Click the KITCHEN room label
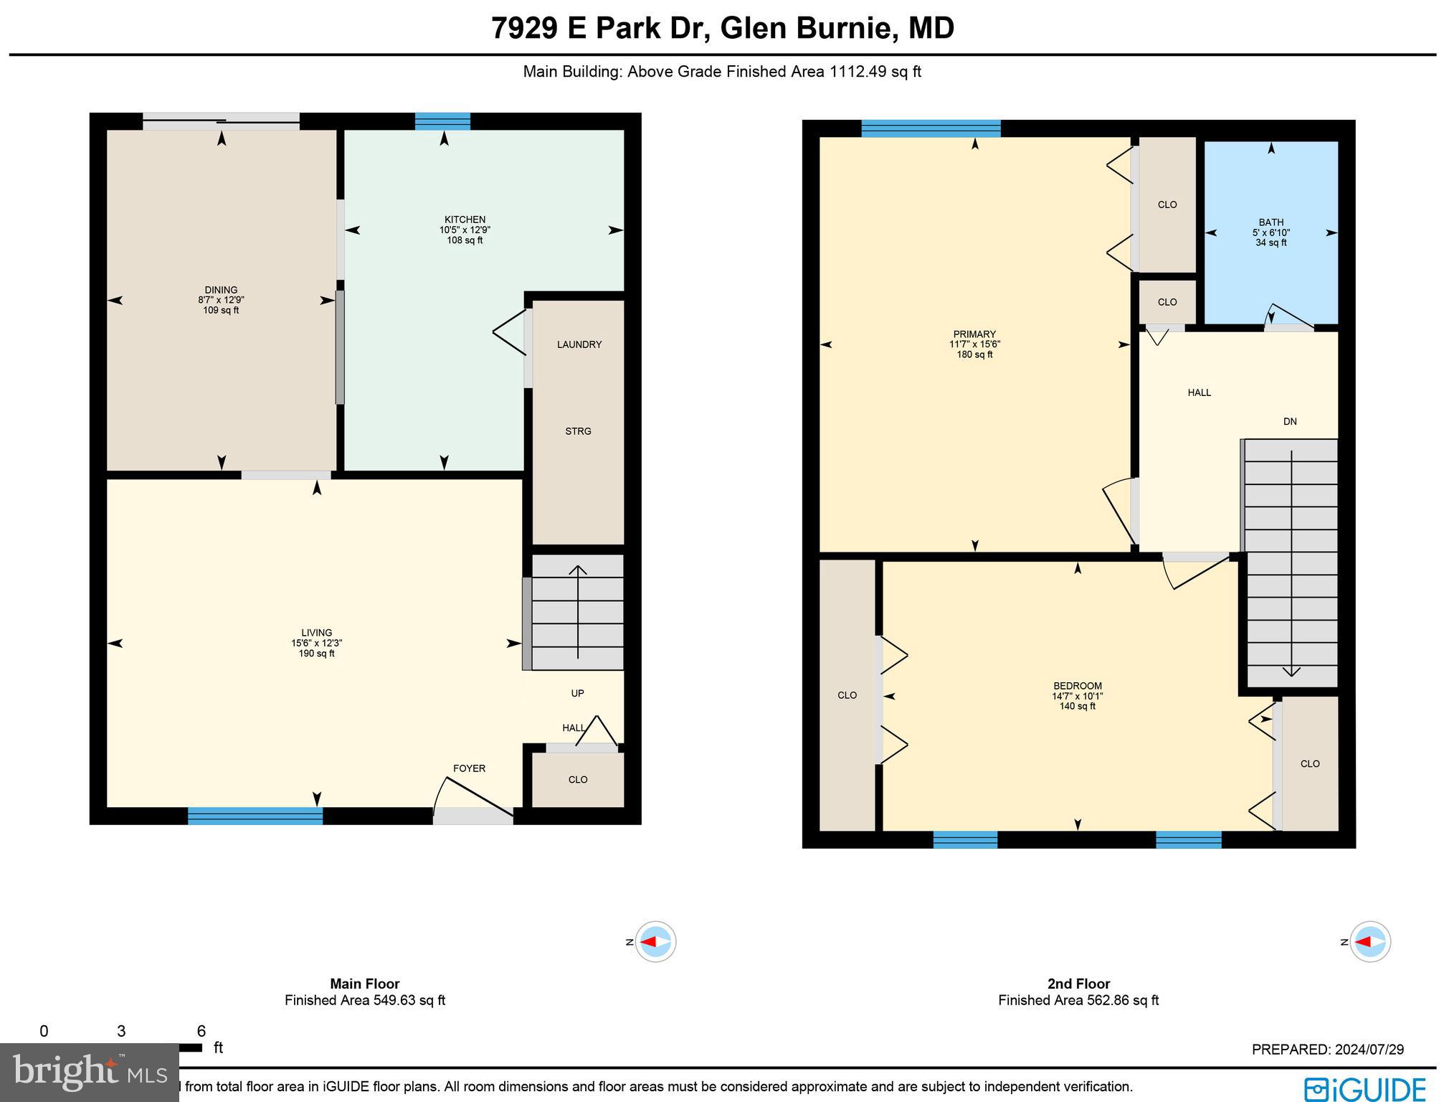tap(465, 220)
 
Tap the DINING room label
tap(221, 290)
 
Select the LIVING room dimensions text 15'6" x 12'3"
tap(316, 644)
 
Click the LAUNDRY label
tap(579, 344)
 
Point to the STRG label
tap(578, 431)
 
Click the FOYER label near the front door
tap(469, 768)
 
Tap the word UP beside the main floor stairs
tap(577, 693)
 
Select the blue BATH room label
tap(1270, 222)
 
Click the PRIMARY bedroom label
tap(974, 334)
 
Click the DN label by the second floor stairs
tap(1290, 422)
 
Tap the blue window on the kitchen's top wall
tap(442, 121)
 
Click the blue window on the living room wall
tap(255, 816)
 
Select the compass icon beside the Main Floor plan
tap(655, 941)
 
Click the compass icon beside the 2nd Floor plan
tap(1370, 941)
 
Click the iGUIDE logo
tap(1365, 1088)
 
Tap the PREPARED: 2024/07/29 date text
tap(1327, 1050)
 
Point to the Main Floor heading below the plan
tap(364, 984)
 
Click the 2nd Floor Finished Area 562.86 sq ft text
tap(1078, 1000)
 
